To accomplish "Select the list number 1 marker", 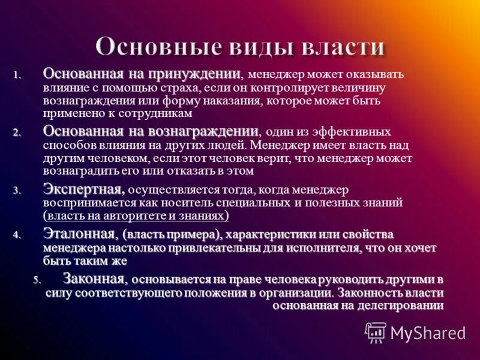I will (x=17, y=76).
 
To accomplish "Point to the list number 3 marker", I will (x=17, y=191).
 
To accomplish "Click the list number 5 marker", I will (x=37, y=280).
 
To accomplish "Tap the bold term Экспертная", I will (x=83, y=189).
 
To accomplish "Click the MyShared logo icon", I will (x=376, y=332).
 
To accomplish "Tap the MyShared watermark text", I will (x=428, y=332).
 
